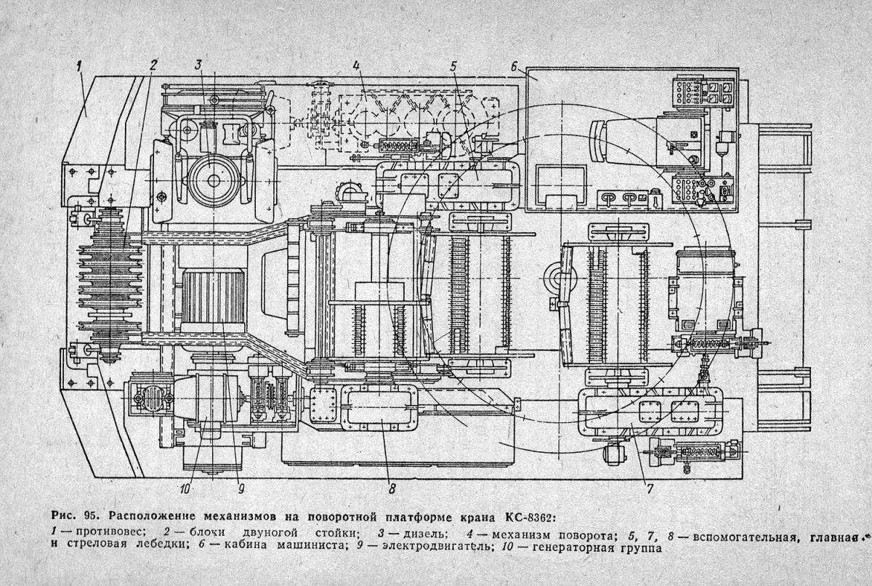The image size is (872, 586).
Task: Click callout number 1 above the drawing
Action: point(79,67)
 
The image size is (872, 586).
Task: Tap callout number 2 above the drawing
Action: point(153,65)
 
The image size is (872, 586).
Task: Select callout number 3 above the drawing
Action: point(198,65)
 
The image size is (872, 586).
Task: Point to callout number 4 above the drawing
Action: point(356,65)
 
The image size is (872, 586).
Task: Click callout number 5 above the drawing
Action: point(453,66)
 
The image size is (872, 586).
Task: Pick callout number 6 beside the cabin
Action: point(514,67)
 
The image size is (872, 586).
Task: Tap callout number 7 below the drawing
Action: point(650,489)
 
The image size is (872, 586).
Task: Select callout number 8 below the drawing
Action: point(392,489)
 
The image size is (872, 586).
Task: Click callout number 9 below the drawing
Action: point(241,489)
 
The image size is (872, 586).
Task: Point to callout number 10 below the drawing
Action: point(185,489)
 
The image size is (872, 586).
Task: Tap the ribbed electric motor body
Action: point(213,297)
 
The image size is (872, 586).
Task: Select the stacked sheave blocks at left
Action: point(110,285)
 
